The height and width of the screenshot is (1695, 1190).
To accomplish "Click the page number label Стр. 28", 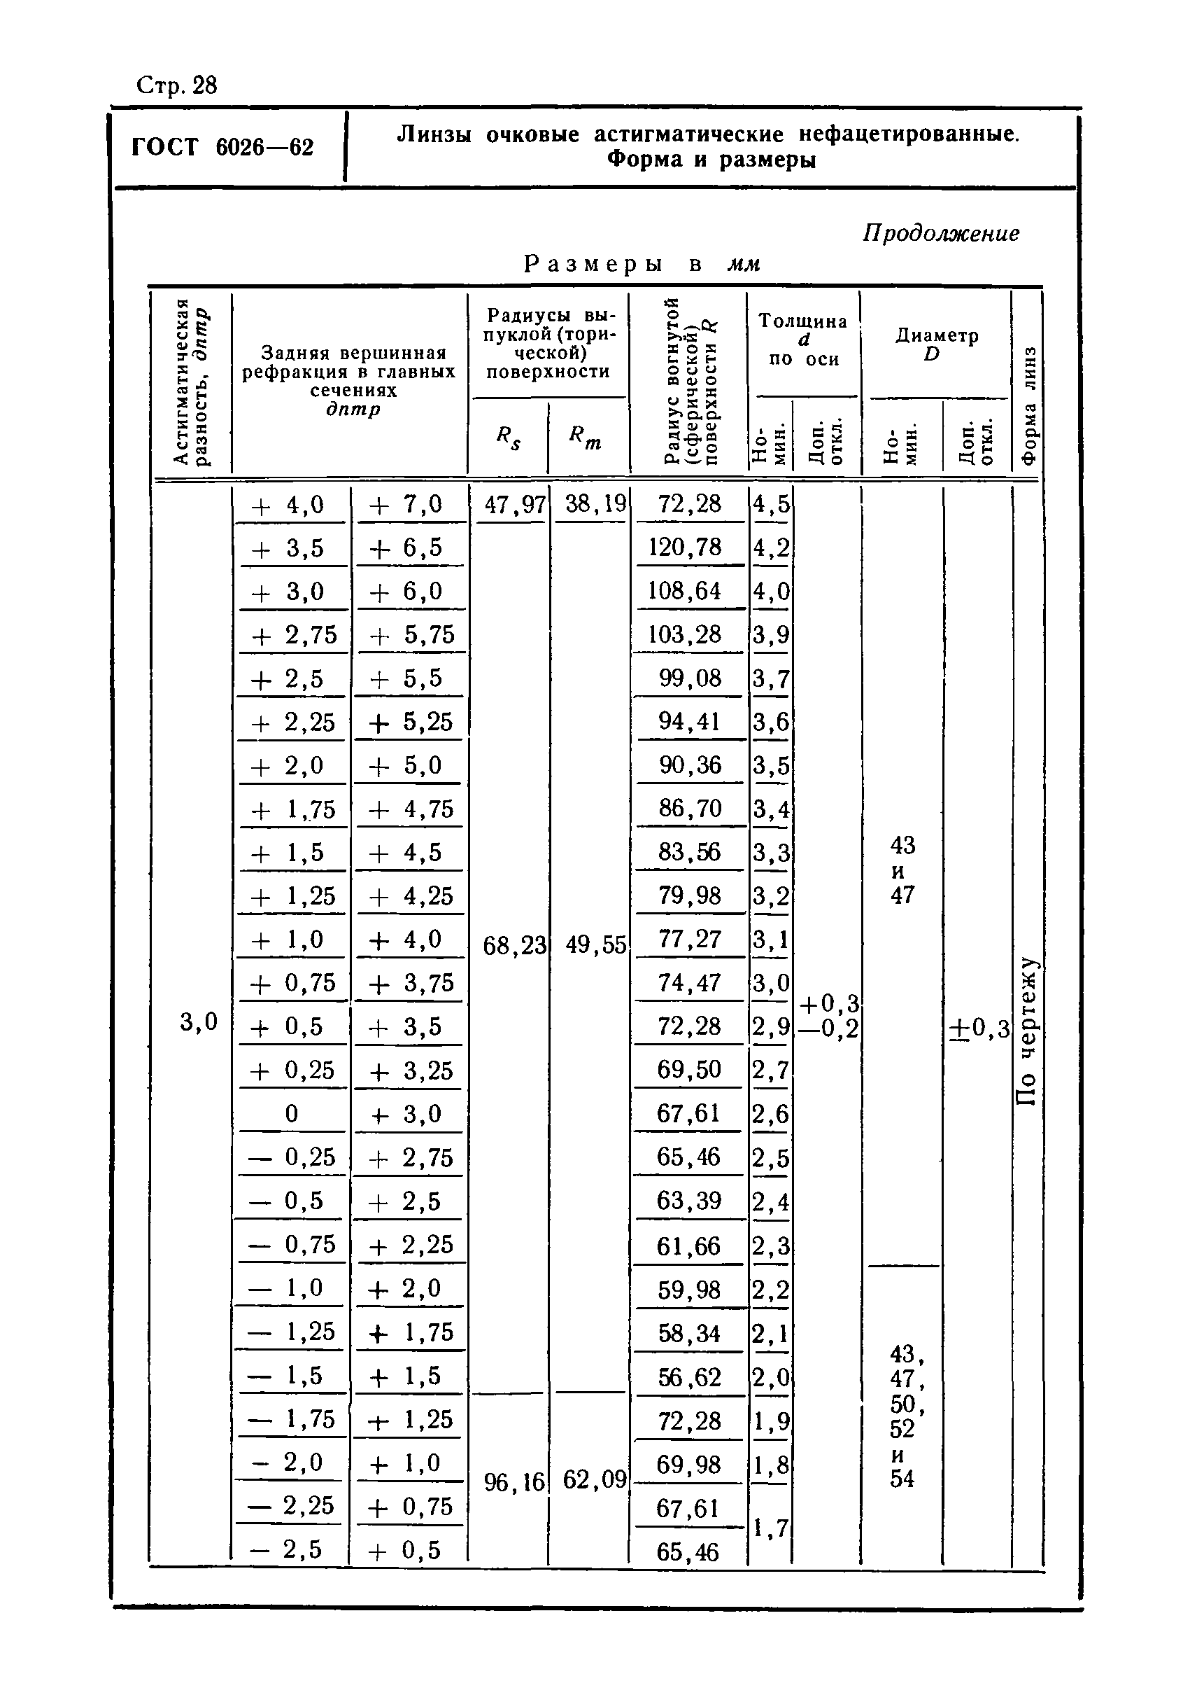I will pyautogui.click(x=177, y=86).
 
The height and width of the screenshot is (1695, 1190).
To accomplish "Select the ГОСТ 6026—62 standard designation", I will pyautogui.click(x=222, y=148).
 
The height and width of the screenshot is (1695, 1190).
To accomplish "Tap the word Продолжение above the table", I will pyautogui.click(x=941, y=234).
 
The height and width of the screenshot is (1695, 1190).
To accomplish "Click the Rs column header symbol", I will pyautogui.click(x=508, y=438).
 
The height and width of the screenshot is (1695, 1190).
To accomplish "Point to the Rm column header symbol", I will pyautogui.click(x=585, y=438).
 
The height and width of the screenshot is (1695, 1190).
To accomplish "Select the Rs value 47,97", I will pyautogui.click(x=513, y=505).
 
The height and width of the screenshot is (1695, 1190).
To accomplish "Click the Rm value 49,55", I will pyautogui.click(x=595, y=945).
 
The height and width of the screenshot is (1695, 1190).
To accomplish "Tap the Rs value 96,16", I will pyautogui.click(x=513, y=1481).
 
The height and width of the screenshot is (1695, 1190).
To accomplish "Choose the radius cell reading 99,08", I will pyautogui.click(x=690, y=678).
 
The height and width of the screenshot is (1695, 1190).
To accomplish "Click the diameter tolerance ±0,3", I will pyautogui.click(x=979, y=1028).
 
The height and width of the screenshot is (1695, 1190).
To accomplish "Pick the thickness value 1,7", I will pyautogui.click(x=771, y=1528).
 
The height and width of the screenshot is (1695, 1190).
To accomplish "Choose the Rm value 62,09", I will pyautogui.click(x=595, y=1480).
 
